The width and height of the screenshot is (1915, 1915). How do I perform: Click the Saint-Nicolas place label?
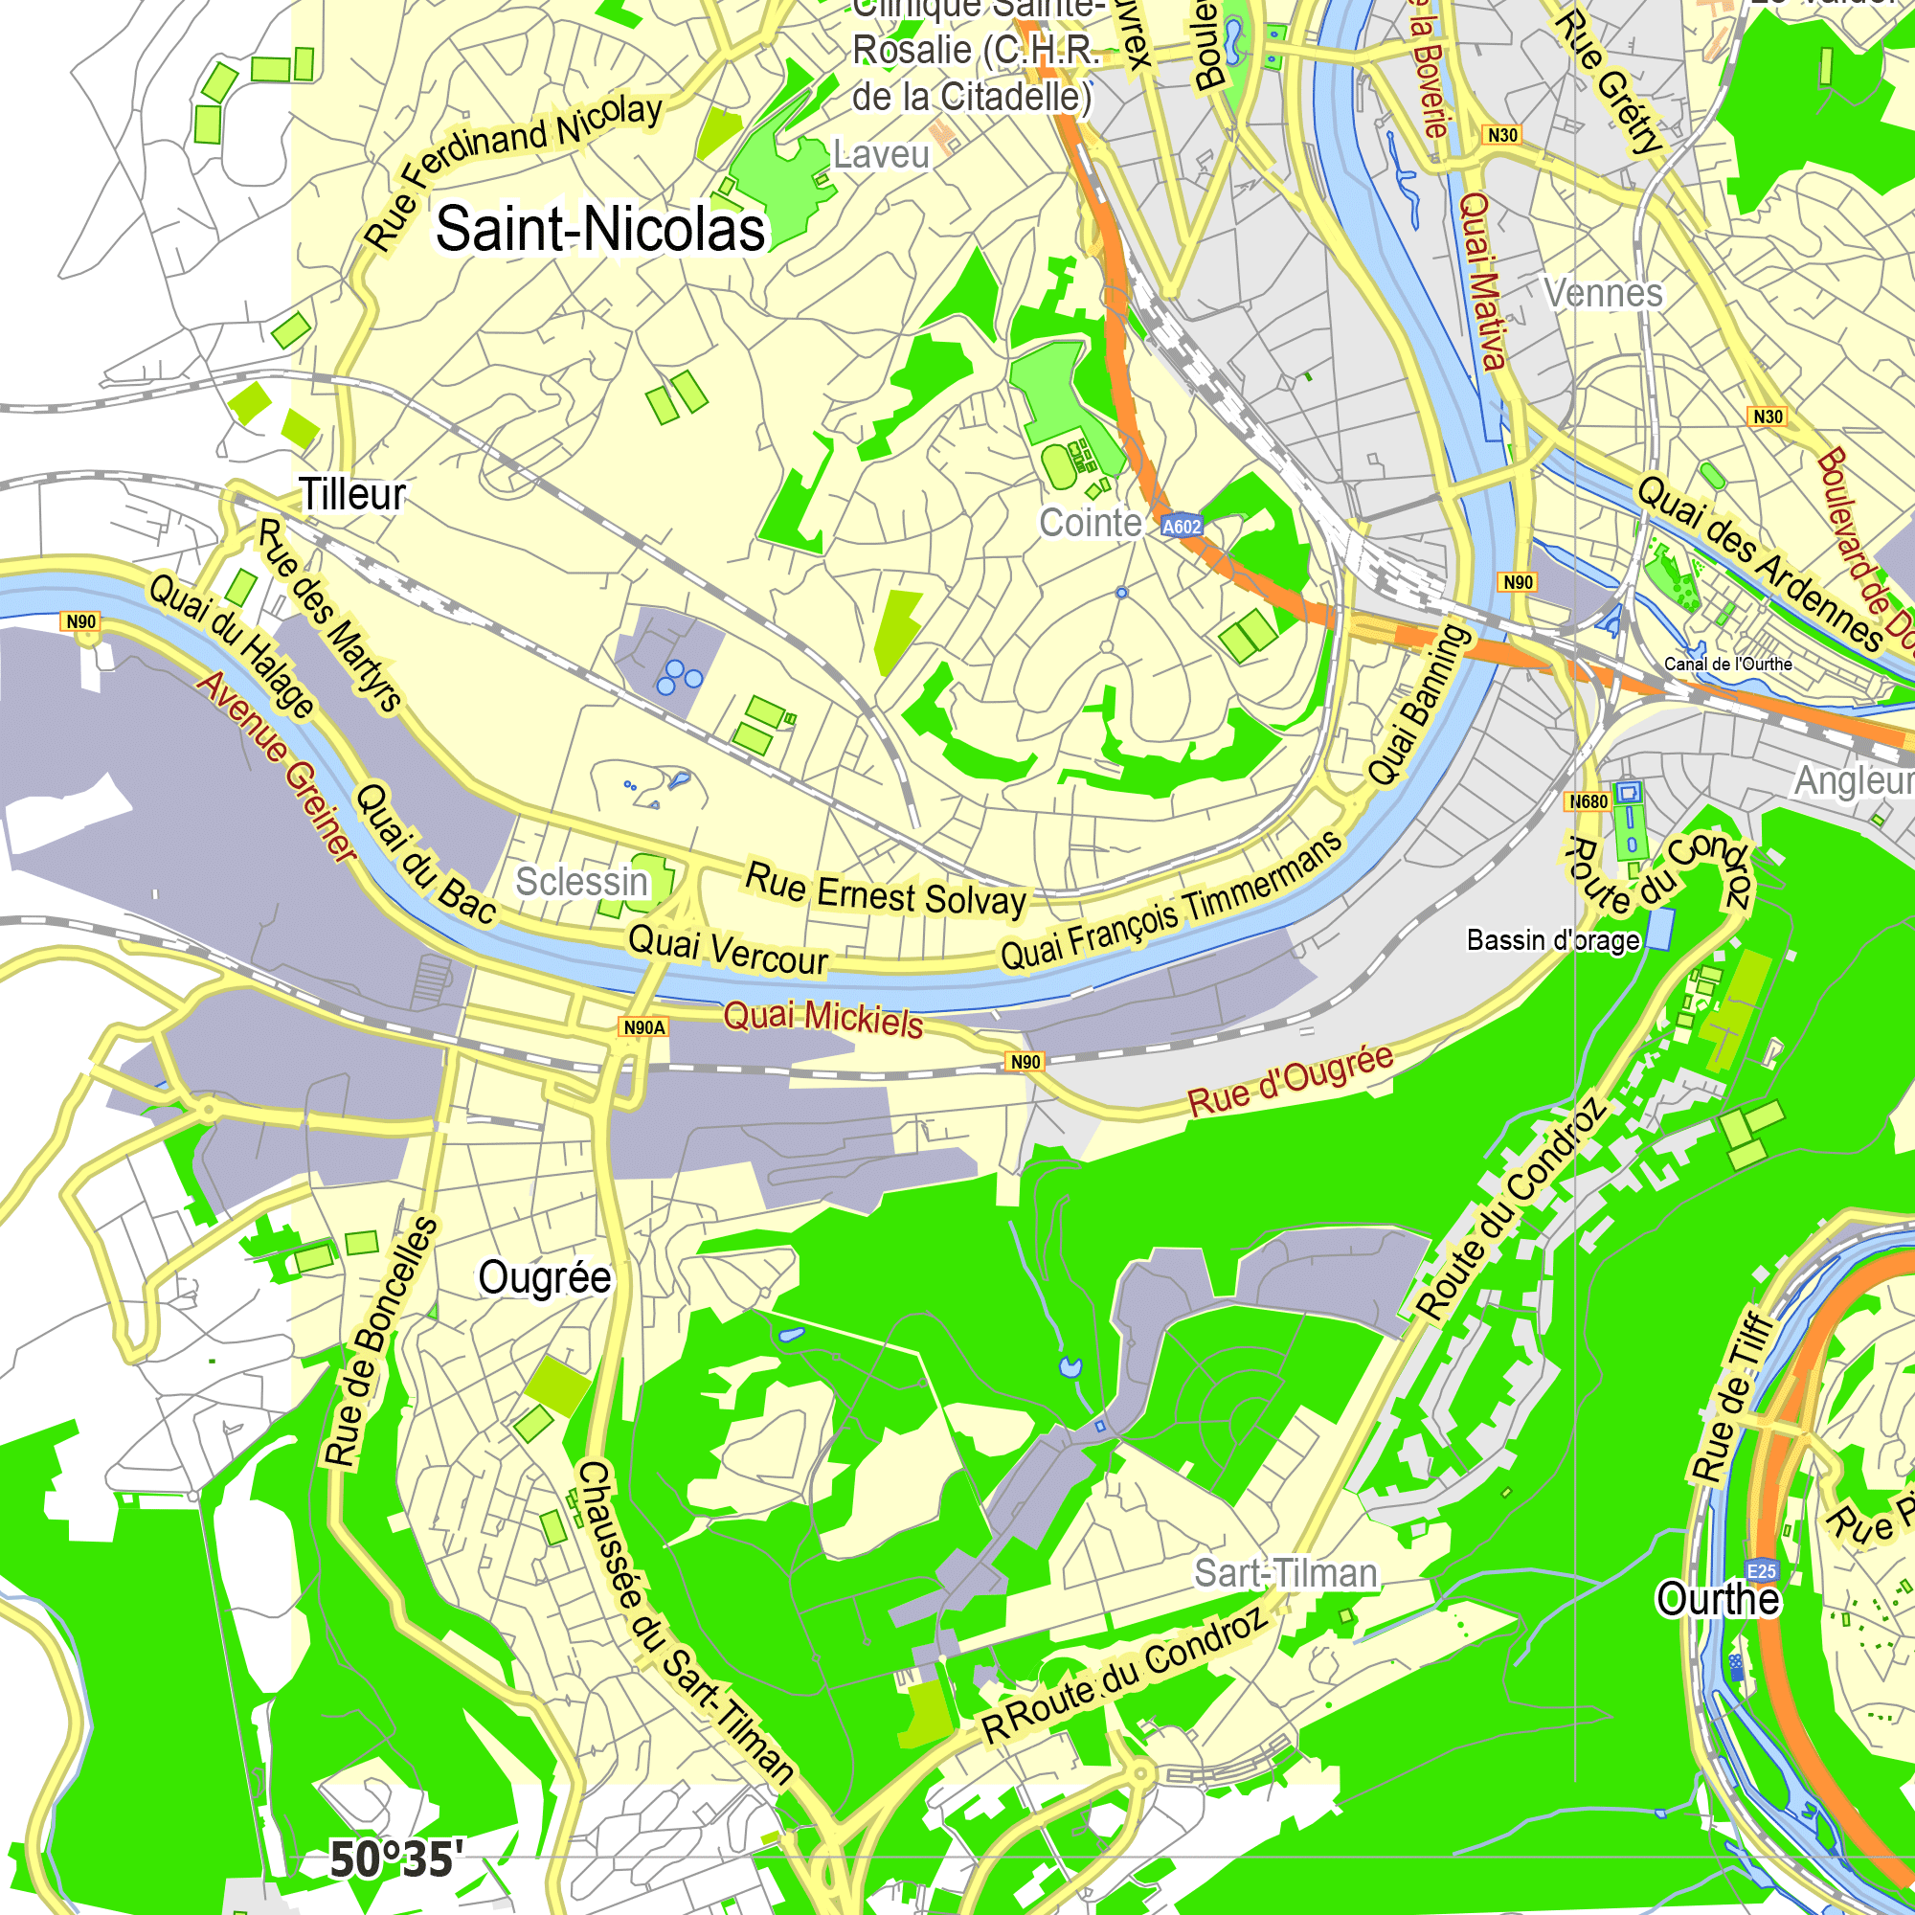point(599,229)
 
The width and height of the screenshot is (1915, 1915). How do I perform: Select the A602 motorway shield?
point(1181,527)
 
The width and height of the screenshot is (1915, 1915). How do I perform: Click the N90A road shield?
point(644,1027)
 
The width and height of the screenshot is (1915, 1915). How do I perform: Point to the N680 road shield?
point(1588,800)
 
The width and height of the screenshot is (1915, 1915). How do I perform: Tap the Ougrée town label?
point(544,1277)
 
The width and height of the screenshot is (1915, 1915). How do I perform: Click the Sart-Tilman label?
point(1286,1573)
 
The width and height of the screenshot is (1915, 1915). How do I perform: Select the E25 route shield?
point(1762,1571)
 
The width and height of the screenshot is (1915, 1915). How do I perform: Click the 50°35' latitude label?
point(395,1859)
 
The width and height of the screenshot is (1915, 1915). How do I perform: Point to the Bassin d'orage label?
point(1552,939)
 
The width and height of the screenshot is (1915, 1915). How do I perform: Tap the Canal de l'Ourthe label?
point(1727,665)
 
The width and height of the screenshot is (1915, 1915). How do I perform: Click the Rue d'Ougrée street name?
point(1290,1080)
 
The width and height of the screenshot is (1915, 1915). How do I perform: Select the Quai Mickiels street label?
point(822,1018)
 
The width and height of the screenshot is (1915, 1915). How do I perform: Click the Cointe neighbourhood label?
point(1090,523)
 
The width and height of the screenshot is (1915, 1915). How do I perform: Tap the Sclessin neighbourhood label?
point(581,881)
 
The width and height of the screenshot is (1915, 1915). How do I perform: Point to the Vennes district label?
point(1603,293)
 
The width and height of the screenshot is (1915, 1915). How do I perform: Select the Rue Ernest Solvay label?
point(885,890)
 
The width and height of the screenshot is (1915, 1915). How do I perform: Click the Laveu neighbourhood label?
point(880,154)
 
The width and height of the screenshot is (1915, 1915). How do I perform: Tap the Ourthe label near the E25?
point(1718,1599)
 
